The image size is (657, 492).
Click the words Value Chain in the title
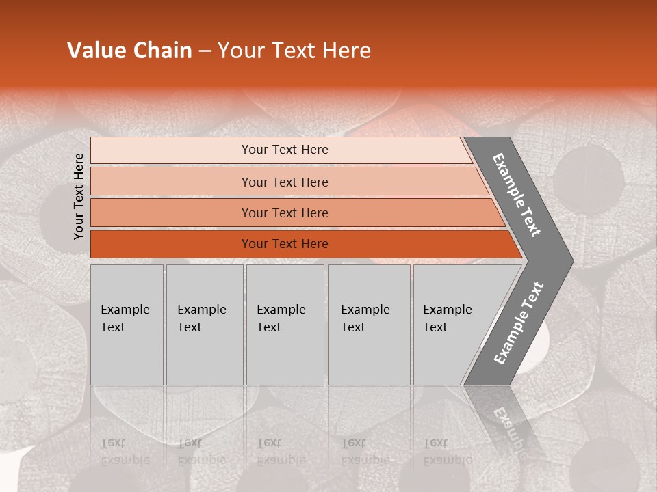coord(129,51)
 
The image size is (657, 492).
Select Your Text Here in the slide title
coord(294,51)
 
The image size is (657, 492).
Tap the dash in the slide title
coord(205,51)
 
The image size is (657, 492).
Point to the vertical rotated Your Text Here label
coord(79,196)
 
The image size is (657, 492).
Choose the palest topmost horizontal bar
coord(285,150)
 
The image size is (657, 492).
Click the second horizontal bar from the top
coord(285,182)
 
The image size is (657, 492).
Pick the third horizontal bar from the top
coord(285,213)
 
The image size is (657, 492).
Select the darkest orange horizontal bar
coord(285,244)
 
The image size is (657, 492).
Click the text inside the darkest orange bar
coord(285,244)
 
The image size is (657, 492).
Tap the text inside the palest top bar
coord(285,150)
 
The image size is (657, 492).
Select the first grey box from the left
coord(127,325)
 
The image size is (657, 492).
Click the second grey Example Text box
coord(204,325)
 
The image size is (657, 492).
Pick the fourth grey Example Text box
coord(368,325)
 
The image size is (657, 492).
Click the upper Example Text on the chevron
coord(517,195)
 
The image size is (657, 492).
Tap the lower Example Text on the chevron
coord(518,323)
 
